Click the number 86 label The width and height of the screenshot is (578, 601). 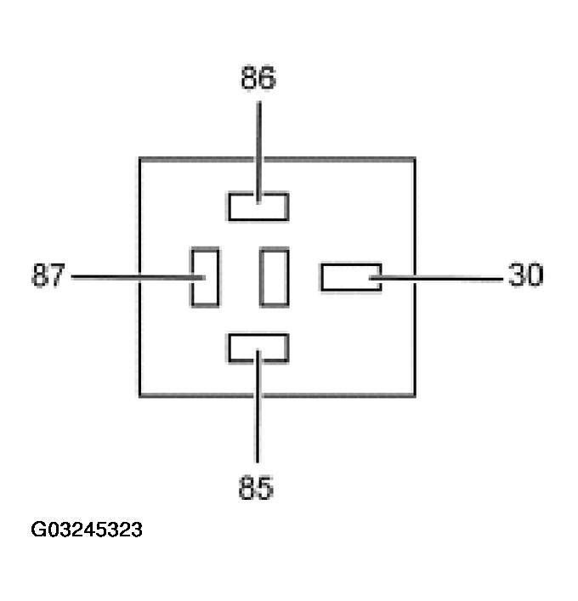(258, 79)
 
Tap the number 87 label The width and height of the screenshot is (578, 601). (48, 276)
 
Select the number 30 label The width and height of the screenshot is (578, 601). (525, 275)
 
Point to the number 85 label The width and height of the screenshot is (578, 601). (257, 489)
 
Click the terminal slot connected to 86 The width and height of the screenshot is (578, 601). (258, 207)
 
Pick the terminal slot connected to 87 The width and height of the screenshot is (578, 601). (205, 277)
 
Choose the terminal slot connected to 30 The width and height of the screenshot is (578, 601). (350, 277)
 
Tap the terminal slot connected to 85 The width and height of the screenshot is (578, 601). (258, 348)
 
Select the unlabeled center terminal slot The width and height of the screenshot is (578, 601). (275, 276)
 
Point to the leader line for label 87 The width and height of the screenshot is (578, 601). (127, 277)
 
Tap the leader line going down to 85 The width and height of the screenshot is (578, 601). (258, 417)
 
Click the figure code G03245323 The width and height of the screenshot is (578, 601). (87, 530)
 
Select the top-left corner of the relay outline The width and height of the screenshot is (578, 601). (140, 158)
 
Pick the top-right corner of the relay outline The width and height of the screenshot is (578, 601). (415, 158)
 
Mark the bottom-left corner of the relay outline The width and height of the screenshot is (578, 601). (140, 395)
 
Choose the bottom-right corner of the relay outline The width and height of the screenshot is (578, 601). (415, 395)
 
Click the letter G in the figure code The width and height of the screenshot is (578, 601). (39, 530)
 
